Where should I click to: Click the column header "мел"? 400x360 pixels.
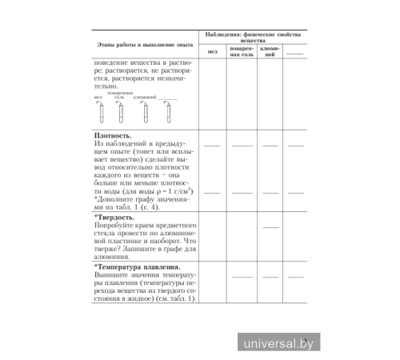point(212,52)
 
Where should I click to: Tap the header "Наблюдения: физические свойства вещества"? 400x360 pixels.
point(251,37)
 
